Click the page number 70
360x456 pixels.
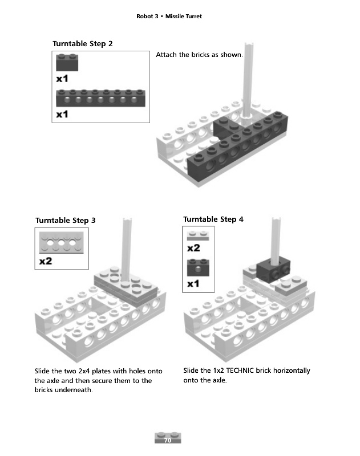[x=168, y=440]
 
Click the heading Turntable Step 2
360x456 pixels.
[x=83, y=44]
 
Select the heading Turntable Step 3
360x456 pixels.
[x=66, y=220]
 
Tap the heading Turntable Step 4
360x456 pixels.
[x=213, y=219]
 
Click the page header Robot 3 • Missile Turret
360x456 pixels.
[x=169, y=17]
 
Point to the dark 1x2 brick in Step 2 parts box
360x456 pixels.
[x=67, y=63]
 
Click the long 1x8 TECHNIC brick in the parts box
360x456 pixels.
[x=100, y=98]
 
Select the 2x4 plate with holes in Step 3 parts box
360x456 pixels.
[x=62, y=243]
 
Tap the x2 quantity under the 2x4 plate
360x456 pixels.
[x=46, y=261]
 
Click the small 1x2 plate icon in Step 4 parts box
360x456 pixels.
[x=198, y=236]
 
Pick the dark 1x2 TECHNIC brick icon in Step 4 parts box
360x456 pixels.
[x=198, y=267]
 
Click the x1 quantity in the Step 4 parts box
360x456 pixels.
[x=193, y=283]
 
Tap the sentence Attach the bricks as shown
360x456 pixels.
[x=199, y=55]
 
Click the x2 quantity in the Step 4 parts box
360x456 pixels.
[x=193, y=248]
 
